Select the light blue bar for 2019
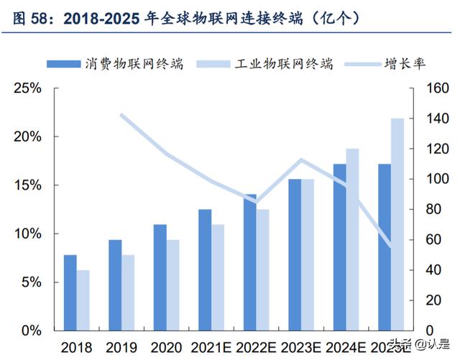127,293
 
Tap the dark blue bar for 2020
160,277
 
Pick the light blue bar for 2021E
217,277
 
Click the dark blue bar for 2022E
249,262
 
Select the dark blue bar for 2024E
339,247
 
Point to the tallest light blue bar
397,224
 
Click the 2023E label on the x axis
301,348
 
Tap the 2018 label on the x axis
76,348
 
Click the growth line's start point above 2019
121,115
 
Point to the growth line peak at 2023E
301,160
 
